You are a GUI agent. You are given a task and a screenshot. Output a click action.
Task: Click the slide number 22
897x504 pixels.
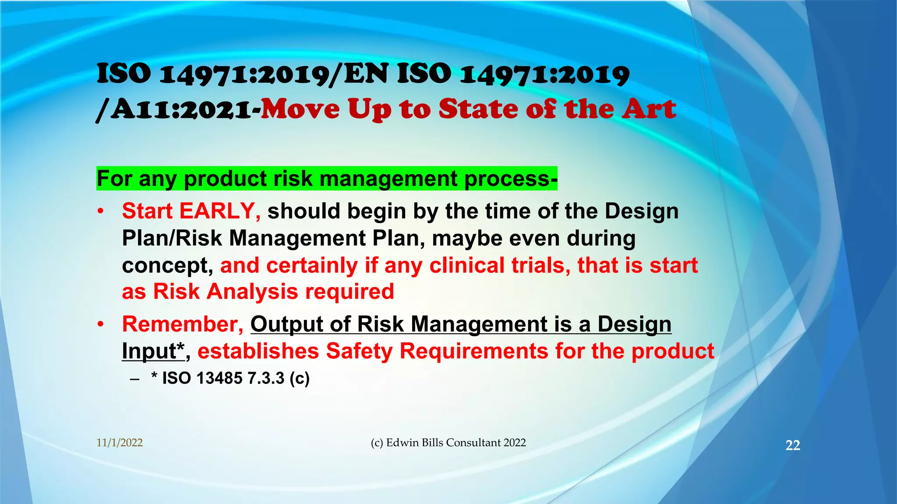click(793, 445)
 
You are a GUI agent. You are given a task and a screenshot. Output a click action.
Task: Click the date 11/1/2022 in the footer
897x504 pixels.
click(120, 443)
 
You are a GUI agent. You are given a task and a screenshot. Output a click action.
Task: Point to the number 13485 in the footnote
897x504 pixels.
click(219, 378)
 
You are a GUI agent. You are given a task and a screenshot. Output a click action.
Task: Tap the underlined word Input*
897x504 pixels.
click(153, 351)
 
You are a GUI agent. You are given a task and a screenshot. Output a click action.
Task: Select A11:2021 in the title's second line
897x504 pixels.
click(180, 110)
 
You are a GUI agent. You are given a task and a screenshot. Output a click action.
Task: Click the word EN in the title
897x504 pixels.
click(366, 74)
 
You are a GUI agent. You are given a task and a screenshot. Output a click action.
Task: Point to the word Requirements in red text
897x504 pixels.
click(474, 351)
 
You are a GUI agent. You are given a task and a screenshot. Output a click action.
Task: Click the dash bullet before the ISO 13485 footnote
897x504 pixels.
click(135, 379)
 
